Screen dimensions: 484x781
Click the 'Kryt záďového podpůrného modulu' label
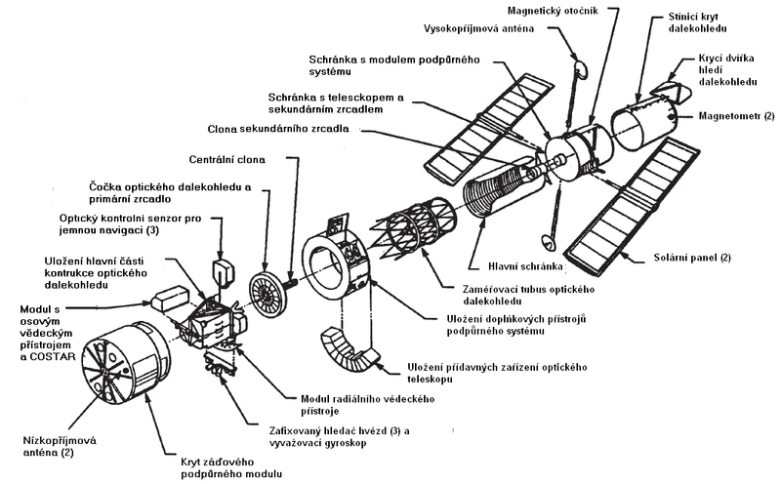point(225,465)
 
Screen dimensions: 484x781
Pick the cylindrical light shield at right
point(643,123)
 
